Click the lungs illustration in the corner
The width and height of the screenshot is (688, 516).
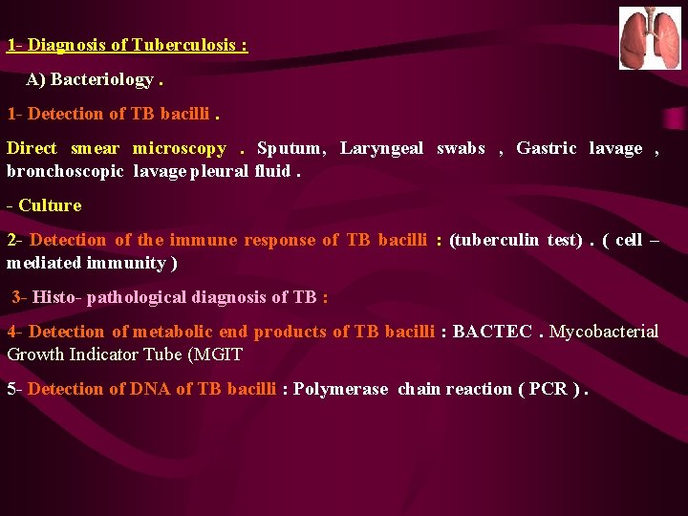[650, 38]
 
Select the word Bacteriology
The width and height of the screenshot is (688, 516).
[102, 79]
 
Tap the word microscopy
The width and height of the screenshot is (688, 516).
[180, 148]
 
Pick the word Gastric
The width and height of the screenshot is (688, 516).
[547, 148]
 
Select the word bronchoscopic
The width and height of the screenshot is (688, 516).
[65, 171]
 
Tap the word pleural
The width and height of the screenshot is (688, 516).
[222, 171]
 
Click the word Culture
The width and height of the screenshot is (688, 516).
[50, 205]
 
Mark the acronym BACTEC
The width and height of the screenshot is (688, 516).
[492, 332]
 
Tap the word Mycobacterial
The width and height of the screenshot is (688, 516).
[604, 332]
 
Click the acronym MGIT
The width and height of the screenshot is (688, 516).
[221, 355]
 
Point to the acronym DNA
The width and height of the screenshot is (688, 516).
[150, 389]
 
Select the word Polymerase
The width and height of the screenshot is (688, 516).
[341, 389]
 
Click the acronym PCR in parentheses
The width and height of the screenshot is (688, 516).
[547, 389]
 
